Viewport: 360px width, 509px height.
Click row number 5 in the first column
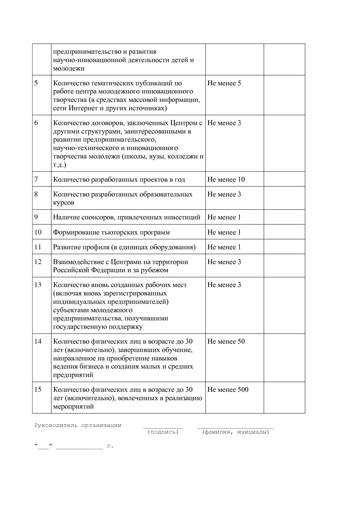36,83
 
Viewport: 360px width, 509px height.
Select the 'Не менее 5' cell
224,83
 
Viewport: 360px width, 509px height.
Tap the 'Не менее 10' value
226,179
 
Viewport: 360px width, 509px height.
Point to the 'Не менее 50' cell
226,341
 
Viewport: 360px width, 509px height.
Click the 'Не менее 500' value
228,389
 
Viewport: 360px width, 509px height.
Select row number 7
36,179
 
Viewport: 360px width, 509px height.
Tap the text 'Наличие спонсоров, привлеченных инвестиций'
127,217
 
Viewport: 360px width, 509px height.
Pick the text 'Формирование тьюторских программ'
111,232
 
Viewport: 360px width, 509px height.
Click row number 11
38,247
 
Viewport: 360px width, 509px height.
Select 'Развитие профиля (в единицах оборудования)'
124,247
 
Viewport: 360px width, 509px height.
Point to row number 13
38,285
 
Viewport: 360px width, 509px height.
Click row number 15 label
38,389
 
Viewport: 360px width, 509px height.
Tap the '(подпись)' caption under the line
163,432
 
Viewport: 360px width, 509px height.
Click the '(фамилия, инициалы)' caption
235,432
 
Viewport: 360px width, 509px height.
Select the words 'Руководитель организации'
78,425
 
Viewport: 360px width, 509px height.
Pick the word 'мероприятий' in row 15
73,406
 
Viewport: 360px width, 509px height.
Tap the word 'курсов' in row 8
63,203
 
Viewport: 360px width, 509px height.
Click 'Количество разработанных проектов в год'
119,179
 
